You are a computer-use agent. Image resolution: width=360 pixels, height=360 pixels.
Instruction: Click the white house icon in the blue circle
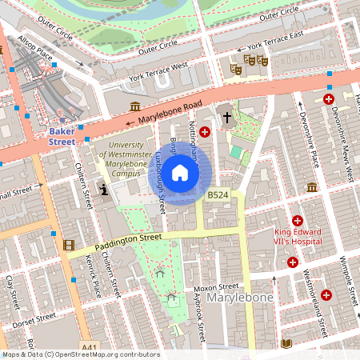click(180, 173)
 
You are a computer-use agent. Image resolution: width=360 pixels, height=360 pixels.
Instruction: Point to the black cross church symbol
click(226, 118)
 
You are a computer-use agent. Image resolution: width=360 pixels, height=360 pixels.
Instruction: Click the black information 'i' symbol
click(104, 189)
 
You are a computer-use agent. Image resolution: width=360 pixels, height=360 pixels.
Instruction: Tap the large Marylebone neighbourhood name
click(241, 298)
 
